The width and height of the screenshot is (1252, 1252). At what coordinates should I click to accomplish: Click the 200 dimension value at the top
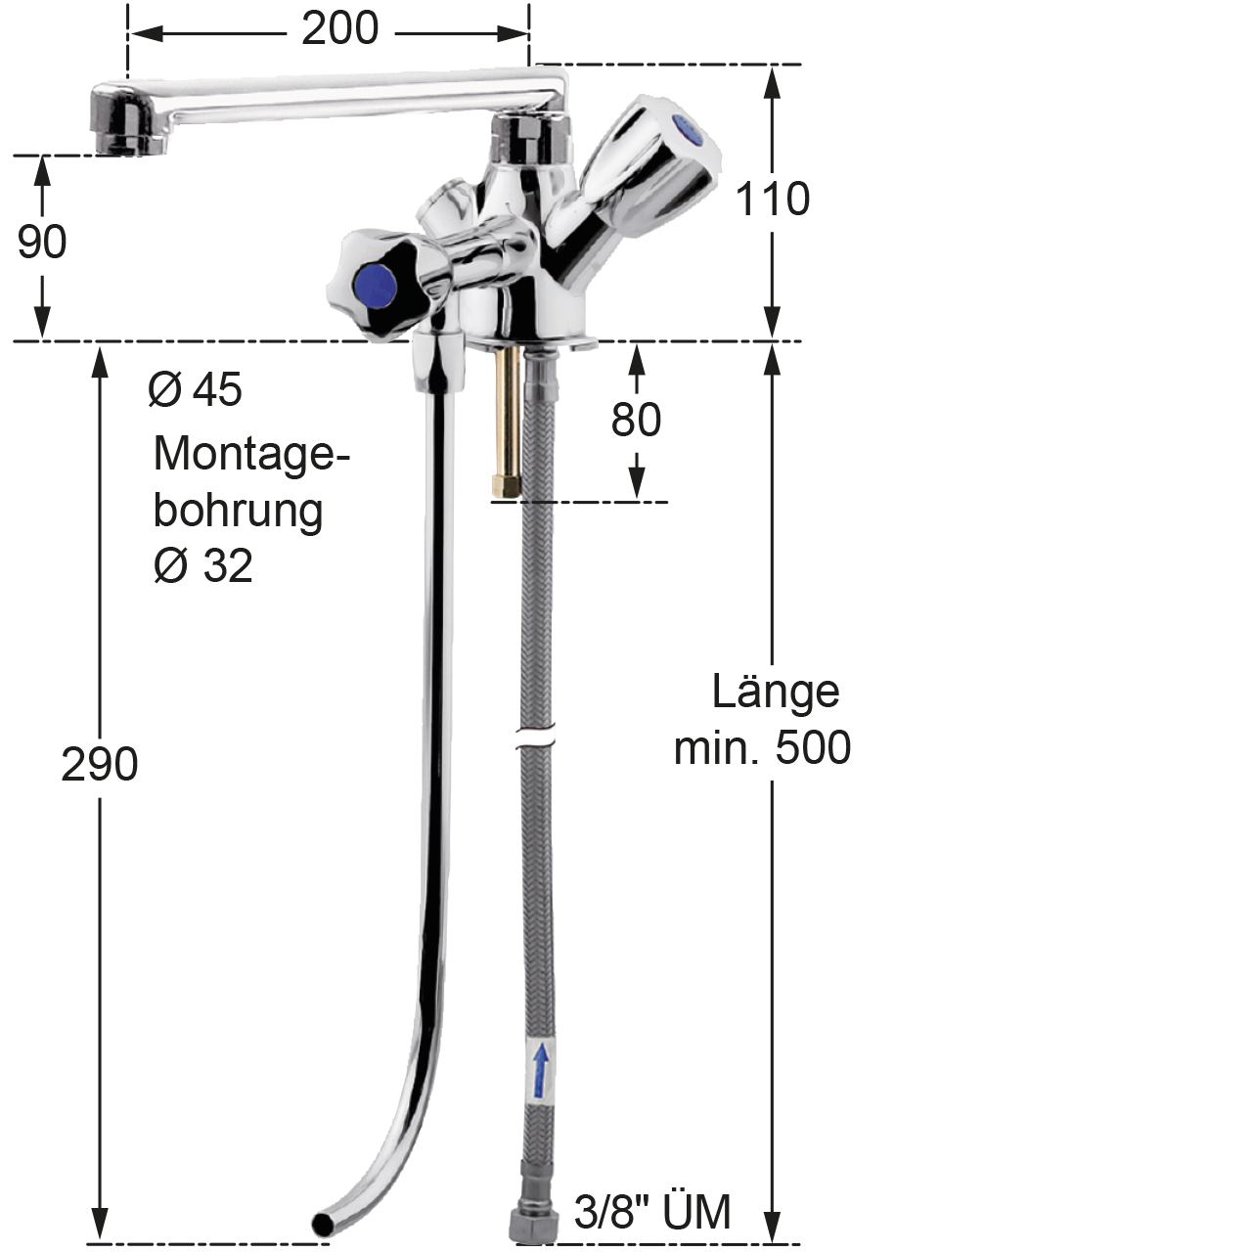coord(339,29)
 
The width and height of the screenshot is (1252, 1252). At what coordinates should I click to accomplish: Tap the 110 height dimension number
coord(773,199)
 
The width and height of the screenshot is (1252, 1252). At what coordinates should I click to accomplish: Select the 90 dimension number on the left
coord(42,242)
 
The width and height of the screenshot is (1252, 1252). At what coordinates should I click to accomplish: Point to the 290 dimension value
coord(100,764)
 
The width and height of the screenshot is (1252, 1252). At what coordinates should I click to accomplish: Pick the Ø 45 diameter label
coord(195,389)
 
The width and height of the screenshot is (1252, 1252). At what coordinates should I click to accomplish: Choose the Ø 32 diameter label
coord(202,565)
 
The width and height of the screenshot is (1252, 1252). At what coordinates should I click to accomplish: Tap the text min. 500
coord(762,747)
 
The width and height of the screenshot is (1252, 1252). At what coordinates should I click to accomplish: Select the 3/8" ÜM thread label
coord(651,1211)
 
